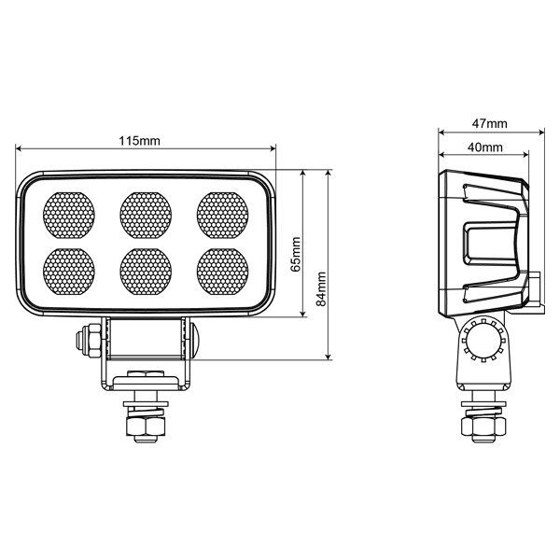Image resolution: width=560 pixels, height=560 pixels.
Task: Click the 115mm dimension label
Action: click(140, 141)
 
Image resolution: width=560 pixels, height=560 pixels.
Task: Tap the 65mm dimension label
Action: click(296, 254)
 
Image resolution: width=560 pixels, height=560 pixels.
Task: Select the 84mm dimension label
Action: click(321, 288)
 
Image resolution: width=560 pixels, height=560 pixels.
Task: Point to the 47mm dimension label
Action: click(490, 123)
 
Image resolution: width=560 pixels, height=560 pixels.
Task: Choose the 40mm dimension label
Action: click(485, 147)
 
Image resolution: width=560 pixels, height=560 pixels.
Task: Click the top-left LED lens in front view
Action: click(69, 216)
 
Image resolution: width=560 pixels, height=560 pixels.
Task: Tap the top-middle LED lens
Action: click(146, 216)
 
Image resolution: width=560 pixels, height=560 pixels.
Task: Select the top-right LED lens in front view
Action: click(222, 216)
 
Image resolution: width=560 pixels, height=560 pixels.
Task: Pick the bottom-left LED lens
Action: click(69, 272)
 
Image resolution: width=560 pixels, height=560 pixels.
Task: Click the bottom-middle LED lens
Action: click(146, 272)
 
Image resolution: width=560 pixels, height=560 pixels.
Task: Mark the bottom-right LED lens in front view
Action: click(222, 272)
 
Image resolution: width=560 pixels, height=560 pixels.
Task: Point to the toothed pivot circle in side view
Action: click(483, 341)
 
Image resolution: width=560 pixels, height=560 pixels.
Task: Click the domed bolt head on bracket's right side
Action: click(195, 341)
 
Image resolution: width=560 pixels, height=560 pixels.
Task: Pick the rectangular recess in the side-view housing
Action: click(490, 244)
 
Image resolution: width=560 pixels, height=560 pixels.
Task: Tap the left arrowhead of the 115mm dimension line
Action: click(19, 148)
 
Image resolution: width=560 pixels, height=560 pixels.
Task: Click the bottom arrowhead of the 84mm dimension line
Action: click(329, 357)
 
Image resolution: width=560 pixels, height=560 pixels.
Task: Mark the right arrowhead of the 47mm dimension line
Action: click(540, 133)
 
